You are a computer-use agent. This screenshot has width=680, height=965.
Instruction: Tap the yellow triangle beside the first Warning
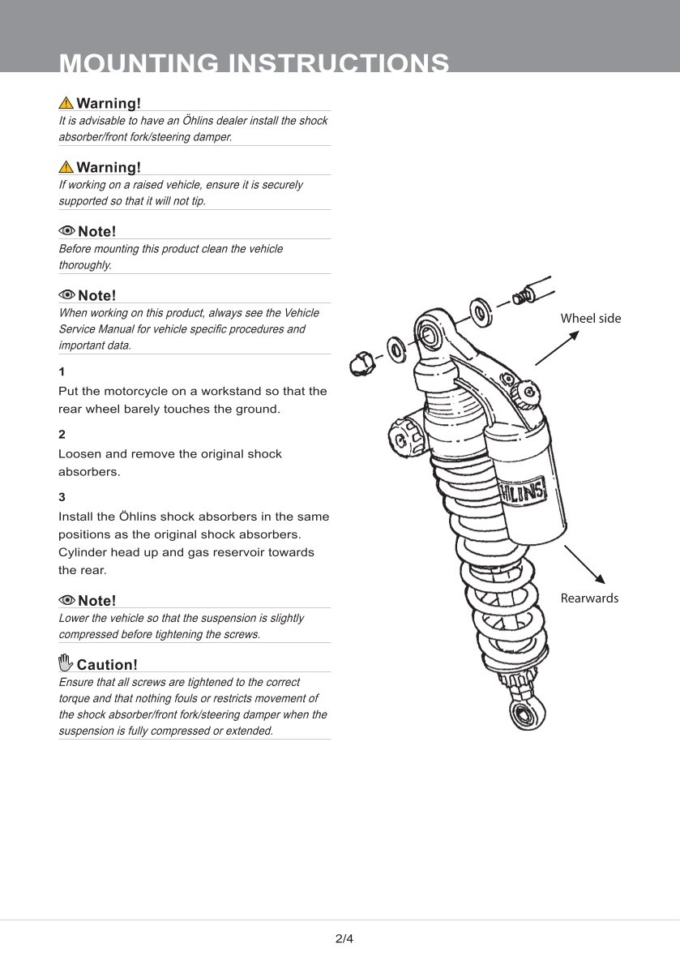(66, 103)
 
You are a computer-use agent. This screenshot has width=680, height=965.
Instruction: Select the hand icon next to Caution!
(66, 663)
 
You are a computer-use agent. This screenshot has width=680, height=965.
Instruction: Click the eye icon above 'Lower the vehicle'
(66, 600)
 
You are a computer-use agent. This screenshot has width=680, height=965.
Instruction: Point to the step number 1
(62, 372)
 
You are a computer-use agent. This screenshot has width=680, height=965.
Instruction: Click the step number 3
(62, 497)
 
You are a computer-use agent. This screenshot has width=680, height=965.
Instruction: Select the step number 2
(62, 435)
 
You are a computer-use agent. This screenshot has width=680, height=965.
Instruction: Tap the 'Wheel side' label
(590, 319)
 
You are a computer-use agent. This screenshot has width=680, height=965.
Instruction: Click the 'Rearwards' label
(589, 598)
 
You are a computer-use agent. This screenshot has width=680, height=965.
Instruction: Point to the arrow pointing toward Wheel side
(557, 348)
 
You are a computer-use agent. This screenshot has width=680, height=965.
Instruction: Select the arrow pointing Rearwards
(584, 564)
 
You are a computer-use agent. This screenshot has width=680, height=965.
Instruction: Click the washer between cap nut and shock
(398, 350)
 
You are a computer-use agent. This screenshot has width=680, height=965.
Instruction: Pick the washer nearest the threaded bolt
(481, 312)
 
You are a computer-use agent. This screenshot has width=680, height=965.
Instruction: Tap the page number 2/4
(344, 939)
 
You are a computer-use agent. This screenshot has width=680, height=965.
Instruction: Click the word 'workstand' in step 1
(233, 391)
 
